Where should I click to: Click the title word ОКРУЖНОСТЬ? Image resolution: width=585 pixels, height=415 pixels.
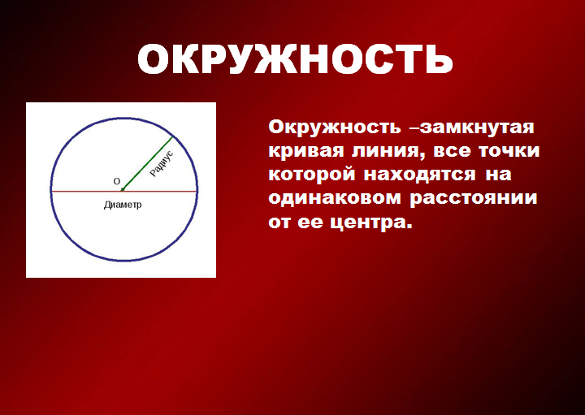coord(295,59)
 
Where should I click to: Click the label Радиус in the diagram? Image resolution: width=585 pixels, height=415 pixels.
coord(162,163)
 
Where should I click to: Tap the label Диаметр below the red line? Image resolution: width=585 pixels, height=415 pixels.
coord(123,205)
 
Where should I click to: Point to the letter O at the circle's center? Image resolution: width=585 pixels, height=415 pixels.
coord(117,182)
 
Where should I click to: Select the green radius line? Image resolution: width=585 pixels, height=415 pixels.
coord(147,164)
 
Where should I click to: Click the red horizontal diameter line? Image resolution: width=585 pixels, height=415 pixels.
coord(123,192)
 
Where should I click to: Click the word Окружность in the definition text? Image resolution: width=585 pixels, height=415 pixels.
coord(335,128)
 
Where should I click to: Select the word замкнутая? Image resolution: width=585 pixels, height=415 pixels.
coord(477,128)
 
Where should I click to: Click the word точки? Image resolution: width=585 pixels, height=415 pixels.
coord(509,151)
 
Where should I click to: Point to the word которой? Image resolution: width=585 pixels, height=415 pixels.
coord(311,175)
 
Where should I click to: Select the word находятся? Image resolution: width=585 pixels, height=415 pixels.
coord(420,175)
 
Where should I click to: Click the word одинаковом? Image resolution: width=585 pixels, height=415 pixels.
coord(335,198)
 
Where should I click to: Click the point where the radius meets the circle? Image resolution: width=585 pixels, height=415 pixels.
coord(173,136)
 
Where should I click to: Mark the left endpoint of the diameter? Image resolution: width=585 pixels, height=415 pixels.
coord(51,192)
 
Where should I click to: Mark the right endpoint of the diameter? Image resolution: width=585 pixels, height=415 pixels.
coord(197,192)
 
